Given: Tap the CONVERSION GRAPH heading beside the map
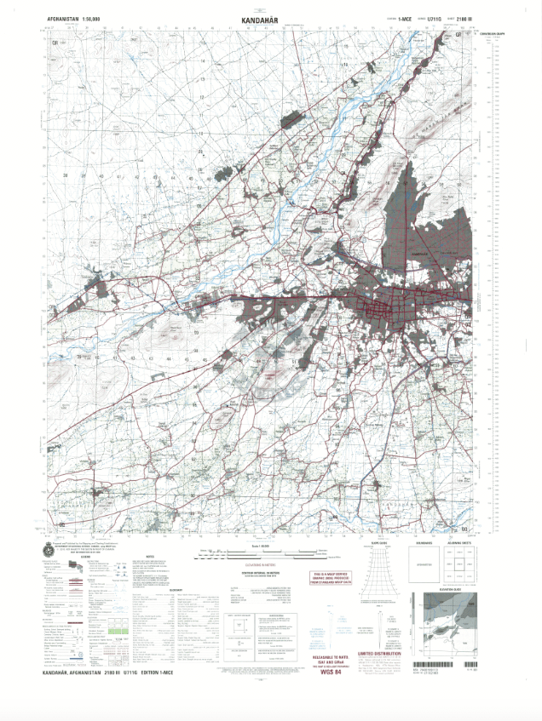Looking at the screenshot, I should [x=493, y=33].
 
